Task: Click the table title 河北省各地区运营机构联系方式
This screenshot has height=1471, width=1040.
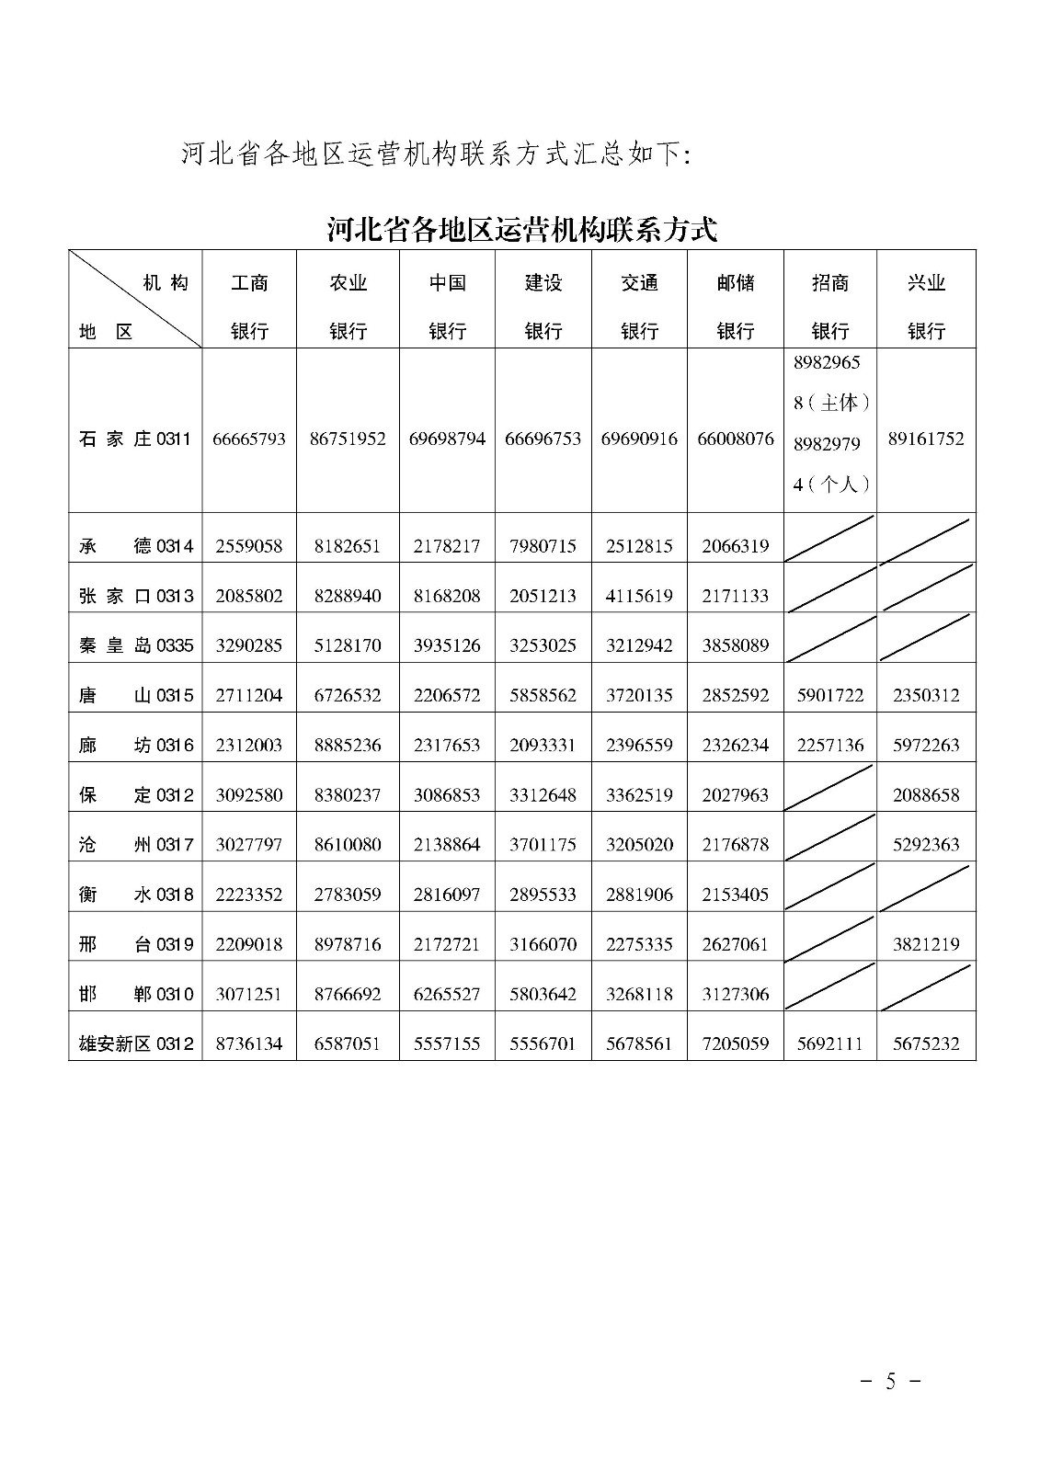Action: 521,229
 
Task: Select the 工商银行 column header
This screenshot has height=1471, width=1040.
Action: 249,306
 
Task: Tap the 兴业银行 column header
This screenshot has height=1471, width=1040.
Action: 926,306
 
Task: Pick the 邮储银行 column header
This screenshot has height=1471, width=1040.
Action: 735,306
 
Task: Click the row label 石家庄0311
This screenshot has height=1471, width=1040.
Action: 135,439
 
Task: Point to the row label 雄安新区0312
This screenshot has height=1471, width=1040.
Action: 135,1043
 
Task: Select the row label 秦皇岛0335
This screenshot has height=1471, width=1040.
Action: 135,645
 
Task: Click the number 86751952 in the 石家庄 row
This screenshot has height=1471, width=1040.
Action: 348,439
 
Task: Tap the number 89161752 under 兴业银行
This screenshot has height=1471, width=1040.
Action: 926,439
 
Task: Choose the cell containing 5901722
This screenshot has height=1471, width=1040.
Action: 830,695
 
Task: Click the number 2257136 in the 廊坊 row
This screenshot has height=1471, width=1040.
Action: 830,745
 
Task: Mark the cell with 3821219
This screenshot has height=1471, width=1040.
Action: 926,944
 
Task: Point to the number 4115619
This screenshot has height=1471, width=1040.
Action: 639,596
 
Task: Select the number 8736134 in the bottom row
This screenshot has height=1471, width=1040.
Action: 249,1043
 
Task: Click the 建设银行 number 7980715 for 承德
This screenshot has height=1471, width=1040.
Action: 543,546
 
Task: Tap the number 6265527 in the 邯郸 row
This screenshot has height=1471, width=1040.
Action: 447,994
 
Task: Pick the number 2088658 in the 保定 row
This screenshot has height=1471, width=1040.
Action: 926,794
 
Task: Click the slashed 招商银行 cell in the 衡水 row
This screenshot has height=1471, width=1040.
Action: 830,886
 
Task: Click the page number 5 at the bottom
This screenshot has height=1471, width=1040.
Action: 889,1380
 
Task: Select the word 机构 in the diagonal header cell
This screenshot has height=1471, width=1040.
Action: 166,283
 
